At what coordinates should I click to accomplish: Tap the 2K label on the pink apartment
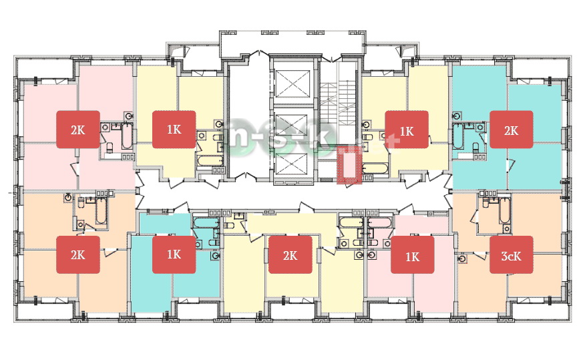coord(78,130)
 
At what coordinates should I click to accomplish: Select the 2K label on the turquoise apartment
coord(511,130)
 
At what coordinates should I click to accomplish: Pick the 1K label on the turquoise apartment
coord(174,254)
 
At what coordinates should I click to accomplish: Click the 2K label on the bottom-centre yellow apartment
coord(290,254)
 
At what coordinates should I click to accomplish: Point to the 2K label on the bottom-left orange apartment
coord(78,254)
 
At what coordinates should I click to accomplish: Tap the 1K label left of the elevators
coord(174,130)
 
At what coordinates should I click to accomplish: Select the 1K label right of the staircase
coord(407,130)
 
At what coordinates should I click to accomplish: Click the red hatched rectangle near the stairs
coord(349,165)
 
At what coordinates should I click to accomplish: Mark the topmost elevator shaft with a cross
coord(292,85)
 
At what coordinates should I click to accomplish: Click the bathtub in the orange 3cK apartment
coord(504,210)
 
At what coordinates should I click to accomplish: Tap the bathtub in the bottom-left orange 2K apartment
coord(101,210)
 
